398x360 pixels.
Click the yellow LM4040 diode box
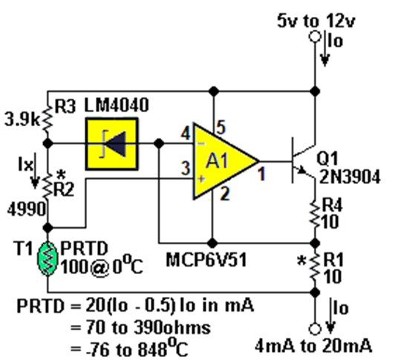(112, 143)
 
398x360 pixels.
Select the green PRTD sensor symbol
(48, 259)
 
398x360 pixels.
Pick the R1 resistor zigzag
(315, 268)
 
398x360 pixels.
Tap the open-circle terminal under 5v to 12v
(315, 37)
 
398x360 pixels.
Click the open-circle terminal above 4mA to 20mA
(315, 329)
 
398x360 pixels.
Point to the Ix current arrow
(35, 171)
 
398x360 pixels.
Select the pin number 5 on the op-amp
(221, 127)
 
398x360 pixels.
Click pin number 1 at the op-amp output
(261, 174)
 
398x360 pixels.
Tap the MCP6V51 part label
(206, 261)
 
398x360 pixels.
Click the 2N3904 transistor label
(350, 177)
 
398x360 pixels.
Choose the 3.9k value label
(22, 120)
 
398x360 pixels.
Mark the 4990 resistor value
(27, 210)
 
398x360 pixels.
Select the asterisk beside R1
(301, 261)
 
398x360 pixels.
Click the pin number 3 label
(186, 168)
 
